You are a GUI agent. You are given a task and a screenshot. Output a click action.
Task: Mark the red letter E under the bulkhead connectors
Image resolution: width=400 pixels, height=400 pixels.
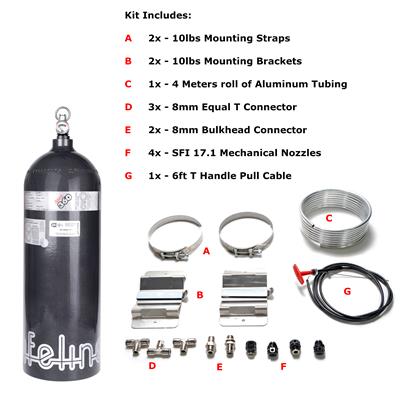(220, 369)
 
